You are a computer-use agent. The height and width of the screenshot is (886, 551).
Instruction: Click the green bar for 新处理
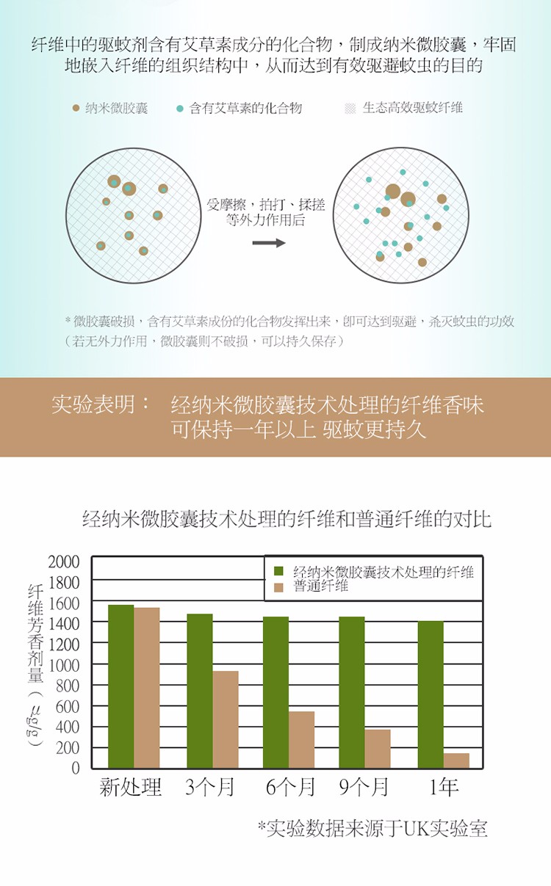pos(121,686)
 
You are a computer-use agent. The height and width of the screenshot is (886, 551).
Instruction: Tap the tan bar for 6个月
pos(301,739)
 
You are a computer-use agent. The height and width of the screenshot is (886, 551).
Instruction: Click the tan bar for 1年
pos(456,760)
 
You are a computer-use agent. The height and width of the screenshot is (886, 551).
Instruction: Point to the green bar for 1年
pos(431,694)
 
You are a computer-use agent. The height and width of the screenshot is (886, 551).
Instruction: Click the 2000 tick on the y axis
pos(64,562)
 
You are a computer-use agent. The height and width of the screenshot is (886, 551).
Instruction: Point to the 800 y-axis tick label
pos(68,686)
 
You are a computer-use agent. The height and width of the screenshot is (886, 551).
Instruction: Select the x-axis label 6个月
pos(290,788)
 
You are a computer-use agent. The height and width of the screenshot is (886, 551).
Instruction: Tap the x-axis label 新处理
pos(131,788)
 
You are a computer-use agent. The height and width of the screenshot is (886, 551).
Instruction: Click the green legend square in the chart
pos(278,571)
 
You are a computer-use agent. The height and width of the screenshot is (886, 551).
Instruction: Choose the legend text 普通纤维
pos(320,587)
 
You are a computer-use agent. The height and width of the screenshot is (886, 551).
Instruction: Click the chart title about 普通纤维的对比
pos(287,520)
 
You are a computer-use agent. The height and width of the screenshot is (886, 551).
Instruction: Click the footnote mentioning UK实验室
pos(372,829)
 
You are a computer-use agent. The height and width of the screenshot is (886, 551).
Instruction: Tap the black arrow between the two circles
pos(269,243)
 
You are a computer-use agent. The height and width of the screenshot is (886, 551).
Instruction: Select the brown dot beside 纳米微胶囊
pos(76,108)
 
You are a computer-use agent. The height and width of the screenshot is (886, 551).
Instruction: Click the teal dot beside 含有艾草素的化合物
pos(180,108)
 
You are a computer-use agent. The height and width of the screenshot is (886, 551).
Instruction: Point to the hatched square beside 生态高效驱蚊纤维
pos(350,108)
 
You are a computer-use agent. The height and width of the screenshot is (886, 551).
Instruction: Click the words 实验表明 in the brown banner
pos(100,404)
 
